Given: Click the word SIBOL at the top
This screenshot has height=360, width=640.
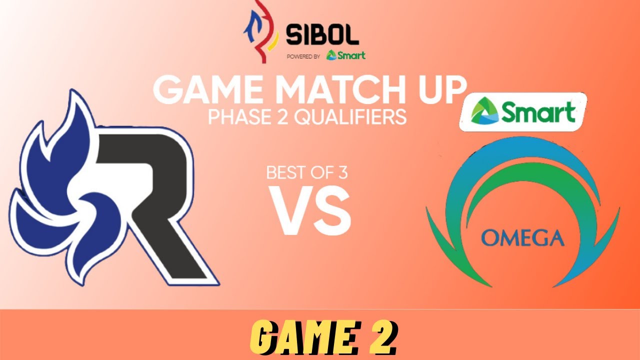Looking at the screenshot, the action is (322, 35).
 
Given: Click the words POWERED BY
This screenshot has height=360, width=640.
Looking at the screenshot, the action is (303, 56).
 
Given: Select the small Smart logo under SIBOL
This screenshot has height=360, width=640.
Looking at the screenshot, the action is (345, 55).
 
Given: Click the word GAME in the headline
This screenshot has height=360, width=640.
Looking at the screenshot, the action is (207, 90).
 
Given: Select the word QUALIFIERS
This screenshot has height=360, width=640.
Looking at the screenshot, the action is (350, 117).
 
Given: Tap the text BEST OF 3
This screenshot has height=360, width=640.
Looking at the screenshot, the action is (307, 173).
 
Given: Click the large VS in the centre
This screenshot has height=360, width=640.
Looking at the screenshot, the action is (311, 210).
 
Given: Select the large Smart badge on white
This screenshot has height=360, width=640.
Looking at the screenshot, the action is (523, 112).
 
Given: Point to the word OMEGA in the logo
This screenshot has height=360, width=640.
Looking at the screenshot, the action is (522, 238).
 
